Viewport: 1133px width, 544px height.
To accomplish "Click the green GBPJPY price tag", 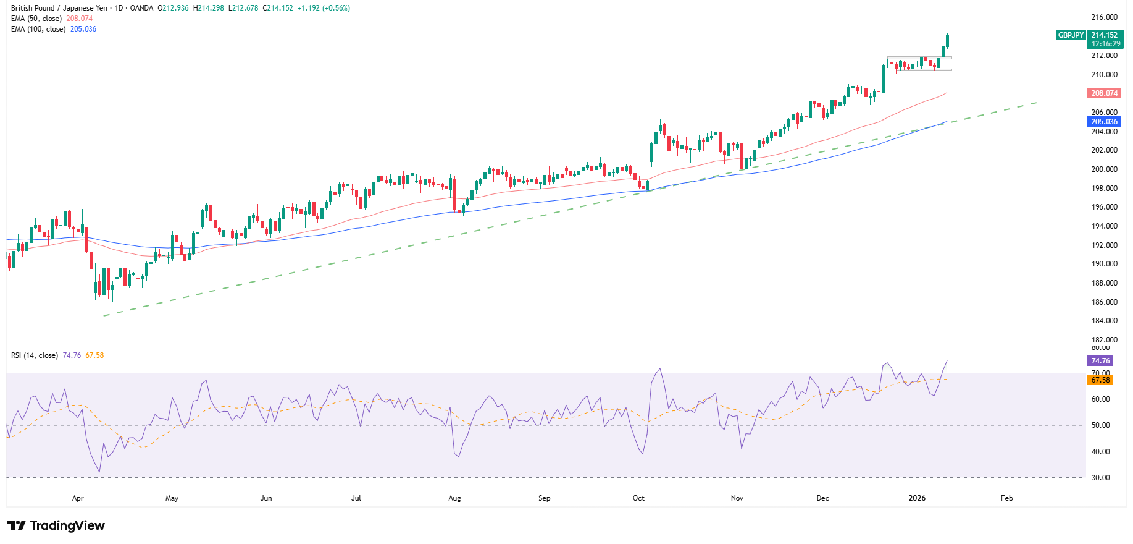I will (1070, 35).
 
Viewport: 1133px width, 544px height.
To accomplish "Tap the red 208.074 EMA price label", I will (1104, 93).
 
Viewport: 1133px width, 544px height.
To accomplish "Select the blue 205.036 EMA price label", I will (1104, 122).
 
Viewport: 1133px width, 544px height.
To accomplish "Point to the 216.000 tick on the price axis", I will (1104, 17).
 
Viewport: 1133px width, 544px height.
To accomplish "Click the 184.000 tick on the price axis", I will (1104, 321).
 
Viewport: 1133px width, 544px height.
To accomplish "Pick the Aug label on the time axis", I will (454, 498).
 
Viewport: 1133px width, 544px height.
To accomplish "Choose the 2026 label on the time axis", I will (917, 498).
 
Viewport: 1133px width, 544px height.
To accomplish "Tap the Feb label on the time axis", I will (1006, 498).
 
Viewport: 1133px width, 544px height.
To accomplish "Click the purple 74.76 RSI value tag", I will (1100, 361).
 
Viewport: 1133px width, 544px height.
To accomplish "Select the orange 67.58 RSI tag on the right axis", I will (1100, 380).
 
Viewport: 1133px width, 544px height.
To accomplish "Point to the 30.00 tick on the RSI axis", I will (1101, 478).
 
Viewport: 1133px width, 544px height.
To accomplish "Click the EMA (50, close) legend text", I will (36, 19).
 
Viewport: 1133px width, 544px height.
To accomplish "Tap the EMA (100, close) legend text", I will (38, 29).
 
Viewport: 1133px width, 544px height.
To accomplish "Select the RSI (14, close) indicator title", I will (34, 355).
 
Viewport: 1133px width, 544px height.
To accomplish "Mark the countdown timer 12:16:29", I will (1105, 44).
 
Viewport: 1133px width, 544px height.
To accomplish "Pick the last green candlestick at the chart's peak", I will (947, 40).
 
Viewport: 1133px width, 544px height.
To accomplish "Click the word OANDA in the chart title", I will (141, 8).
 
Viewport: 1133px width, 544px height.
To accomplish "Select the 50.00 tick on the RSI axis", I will (1101, 425).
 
